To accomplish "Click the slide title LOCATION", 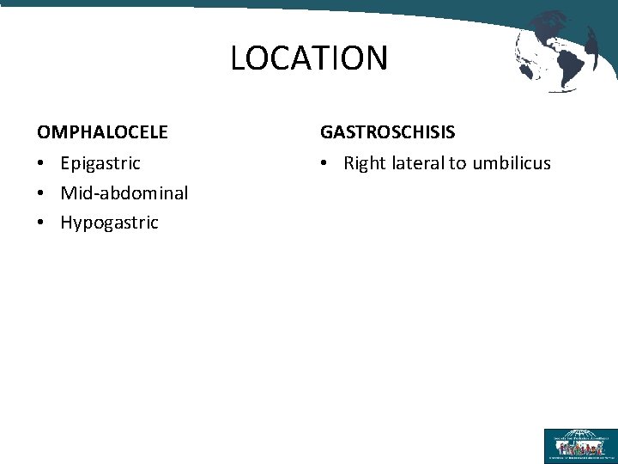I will click(309, 58).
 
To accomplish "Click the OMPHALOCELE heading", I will click(102, 132).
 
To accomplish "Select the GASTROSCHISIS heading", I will click(387, 132).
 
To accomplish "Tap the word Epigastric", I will click(100, 163).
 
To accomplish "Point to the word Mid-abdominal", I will click(124, 192).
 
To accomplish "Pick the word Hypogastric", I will click(109, 223).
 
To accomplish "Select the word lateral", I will click(417, 163).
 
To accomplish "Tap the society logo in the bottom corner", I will click(579, 445).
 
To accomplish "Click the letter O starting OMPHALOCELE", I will click(44, 132).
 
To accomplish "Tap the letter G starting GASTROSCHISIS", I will click(327, 132).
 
